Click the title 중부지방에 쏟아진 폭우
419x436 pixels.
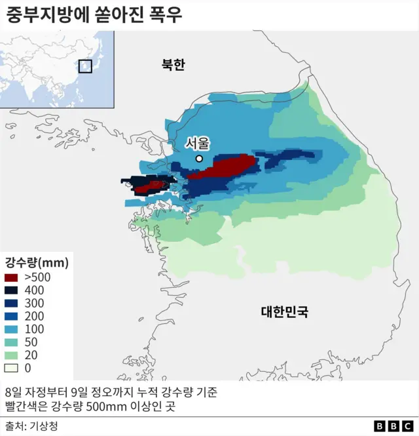pos(94,14)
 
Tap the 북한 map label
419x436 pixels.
pos(173,64)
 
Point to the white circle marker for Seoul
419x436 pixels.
pos(199,159)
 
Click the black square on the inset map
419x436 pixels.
pos(85,66)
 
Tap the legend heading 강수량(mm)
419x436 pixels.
pos(37,262)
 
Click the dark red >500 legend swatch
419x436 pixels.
pos(12,278)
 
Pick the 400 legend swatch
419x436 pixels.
pos(12,290)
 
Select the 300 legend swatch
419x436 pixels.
pos(12,304)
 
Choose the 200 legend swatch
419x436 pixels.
pos(12,317)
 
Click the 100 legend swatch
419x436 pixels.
pos(12,329)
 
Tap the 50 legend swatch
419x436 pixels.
pos(12,342)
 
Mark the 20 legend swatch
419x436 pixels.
pos(12,355)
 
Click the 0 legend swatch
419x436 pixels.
pos(12,368)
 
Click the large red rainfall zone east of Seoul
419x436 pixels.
pos(223,166)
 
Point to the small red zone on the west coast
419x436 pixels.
pos(151,186)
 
